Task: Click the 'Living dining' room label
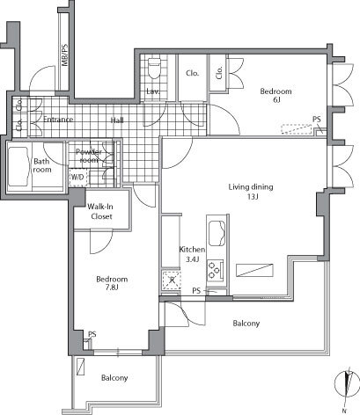click(x=251, y=186)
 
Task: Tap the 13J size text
click(x=251, y=197)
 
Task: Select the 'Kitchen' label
click(x=192, y=249)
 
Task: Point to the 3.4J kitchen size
click(x=192, y=259)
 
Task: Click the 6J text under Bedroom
click(x=276, y=100)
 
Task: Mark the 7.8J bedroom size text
click(x=112, y=289)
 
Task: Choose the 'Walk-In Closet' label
click(x=99, y=213)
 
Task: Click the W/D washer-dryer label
click(x=77, y=176)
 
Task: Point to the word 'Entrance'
click(x=52, y=120)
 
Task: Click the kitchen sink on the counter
click(x=215, y=233)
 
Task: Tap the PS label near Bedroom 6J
click(x=315, y=121)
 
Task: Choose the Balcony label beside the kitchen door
click(x=246, y=324)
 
